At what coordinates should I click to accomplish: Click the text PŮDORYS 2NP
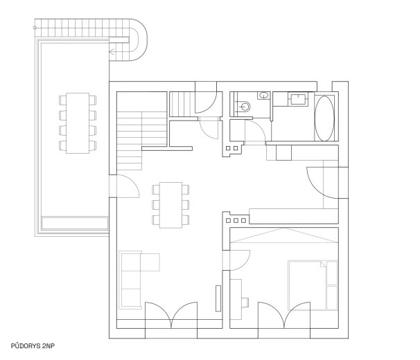point(33,346)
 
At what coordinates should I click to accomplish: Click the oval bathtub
point(324,118)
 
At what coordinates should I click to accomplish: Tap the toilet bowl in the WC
point(245,107)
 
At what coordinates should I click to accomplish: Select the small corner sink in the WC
point(264,95)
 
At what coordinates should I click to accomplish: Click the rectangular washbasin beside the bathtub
point(298,99)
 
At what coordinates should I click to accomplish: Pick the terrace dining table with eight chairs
point(78,123)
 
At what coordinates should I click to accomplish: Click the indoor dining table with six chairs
point(170,205)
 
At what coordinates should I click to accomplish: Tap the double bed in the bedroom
point(313,285)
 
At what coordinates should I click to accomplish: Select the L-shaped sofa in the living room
point(135,280)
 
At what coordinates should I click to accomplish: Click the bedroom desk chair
point(245,303)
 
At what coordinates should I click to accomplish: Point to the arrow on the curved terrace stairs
point(112,52)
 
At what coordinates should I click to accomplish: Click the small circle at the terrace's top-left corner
point(35,28)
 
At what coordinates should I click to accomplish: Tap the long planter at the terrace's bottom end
point(75,223)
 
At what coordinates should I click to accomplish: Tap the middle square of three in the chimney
point(236,221)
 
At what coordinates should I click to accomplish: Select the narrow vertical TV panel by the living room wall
point(218,298)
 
